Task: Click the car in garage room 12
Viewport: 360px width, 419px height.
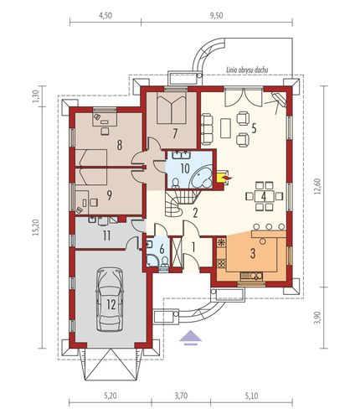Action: coord(110,299)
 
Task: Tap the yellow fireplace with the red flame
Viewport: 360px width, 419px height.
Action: coord(224,177)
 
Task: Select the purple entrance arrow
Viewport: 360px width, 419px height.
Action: coord(190,338)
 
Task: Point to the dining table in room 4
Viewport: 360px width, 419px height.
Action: coord(264,196)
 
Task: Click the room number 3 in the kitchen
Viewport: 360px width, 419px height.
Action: coord(253,254)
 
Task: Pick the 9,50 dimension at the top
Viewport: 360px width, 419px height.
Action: coord(216,16)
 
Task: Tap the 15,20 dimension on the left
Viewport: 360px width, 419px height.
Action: coord(35,227)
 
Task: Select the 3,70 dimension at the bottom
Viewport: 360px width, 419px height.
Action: coord(181,396)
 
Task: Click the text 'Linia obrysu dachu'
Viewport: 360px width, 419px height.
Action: coord(247,70)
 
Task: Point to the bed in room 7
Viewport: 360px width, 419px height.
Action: coord(172,108)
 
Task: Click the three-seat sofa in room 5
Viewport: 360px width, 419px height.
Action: coord(207,129)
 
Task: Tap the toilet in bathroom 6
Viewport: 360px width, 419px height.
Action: coord(164,261)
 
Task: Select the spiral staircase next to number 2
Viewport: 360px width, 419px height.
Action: coord(178,202)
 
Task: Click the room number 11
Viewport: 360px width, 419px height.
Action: coord(106,236)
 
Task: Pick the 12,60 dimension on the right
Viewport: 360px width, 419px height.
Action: coord(320,187)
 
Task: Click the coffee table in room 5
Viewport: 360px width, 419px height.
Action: coord(225,128)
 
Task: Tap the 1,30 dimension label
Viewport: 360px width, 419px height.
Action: coord(36,96)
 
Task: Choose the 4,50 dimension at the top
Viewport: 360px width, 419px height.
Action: coord(105,16)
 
